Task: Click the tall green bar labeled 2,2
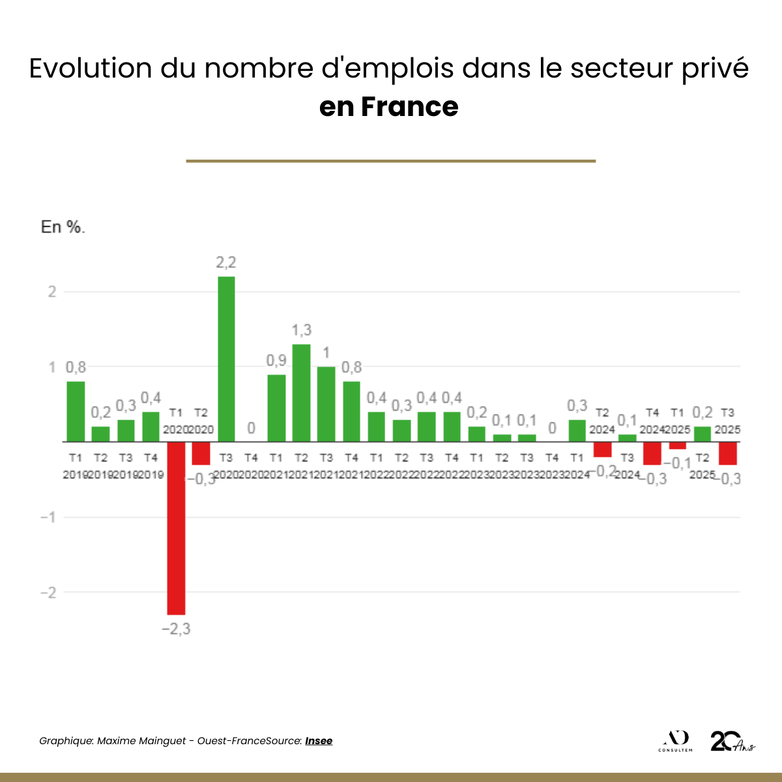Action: point(226,359)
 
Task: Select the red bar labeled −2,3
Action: point(176,528)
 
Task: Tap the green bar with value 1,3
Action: point(301,393)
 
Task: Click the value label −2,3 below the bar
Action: point(176,630)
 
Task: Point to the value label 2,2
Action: point(226,263)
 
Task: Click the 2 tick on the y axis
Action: point(52,292)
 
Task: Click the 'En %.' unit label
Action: point(63,227)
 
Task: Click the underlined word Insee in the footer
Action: point(319,740)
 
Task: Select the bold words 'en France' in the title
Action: point(389,107)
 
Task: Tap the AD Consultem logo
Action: point(675,741)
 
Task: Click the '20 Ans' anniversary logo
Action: point(732,741)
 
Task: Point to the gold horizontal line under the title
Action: point(391,161)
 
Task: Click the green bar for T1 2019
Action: point(76,412)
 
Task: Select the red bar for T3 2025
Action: point(727,454)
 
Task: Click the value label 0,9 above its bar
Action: point(276,360)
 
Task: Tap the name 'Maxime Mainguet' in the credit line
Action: point(141,741)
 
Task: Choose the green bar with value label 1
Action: point(326,404)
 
